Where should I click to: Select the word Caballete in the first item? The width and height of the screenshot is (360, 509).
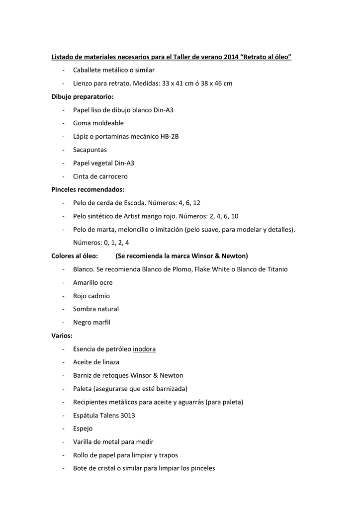tap(88, 70)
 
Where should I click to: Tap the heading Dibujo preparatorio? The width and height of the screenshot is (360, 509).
tap(83, 97)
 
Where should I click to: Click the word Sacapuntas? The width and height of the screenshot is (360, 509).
tap(90, 150)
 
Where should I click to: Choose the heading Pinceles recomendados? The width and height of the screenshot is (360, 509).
tap(88, 189)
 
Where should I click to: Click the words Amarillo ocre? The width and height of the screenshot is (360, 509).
tap(93, 282)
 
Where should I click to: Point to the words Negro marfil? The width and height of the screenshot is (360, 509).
tap(91, 322)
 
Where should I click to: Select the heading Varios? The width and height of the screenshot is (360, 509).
tap(62, 336)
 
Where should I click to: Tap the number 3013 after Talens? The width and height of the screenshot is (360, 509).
tap(127, 415)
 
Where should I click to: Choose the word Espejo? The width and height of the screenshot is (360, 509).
tap(83, 428)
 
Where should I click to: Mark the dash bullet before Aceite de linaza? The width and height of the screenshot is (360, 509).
tap(64, 362)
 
